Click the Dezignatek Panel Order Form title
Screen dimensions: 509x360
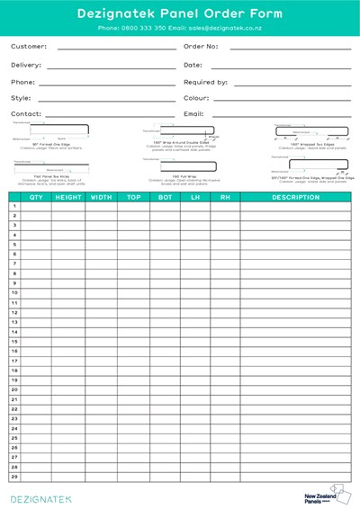click(180, 13)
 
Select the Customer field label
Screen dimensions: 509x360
click(29, 46)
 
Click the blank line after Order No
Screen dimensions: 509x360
click(290, 48)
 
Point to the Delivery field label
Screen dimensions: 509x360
click(26, 65)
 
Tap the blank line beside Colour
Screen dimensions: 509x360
click(282, 99)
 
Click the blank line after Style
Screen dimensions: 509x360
click(106, 99)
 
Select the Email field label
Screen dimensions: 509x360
click(193, 114)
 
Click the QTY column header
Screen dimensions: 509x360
click(36, 197)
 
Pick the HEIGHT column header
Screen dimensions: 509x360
click(68, 197)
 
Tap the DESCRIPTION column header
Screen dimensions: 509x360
click(295, 197)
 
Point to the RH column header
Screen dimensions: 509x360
click(224, 197)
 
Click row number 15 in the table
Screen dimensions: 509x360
click(14, 341)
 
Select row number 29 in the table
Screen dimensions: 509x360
click(14, 477)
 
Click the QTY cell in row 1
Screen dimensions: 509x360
click(36, 206)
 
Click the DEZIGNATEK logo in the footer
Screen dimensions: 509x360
click(40, 497)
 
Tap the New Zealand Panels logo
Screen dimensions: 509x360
click(327, 496)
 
